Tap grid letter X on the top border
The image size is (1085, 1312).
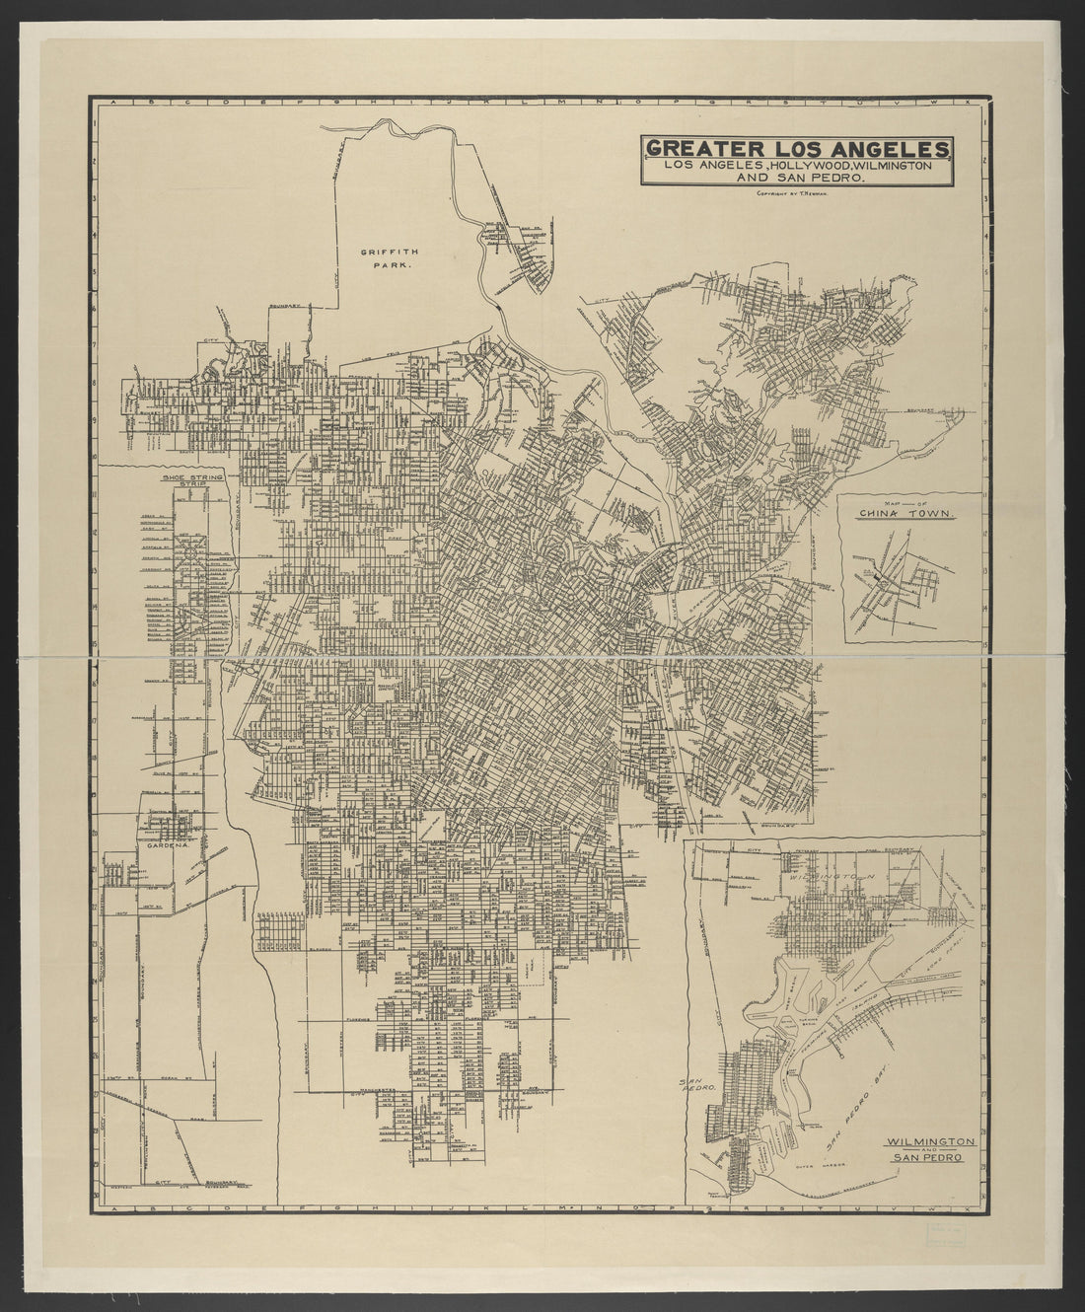click(x=969, y=102)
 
